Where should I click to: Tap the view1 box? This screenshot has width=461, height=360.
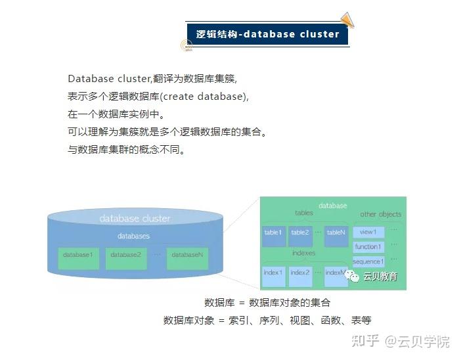[x=368, y=232]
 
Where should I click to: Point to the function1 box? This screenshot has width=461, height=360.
[x=368, y=247]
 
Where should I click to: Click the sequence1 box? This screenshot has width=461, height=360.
[x=368, y=261]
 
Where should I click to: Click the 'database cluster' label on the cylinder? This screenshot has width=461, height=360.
[x=135, y=218]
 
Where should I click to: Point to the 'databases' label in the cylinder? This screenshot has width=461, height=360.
[x=133, y=236]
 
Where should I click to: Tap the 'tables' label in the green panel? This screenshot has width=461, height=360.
[x=304, y=213]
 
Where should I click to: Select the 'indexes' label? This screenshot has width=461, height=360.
[x=303, y=253]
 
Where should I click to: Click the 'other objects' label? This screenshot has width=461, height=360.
[x=380, y=214]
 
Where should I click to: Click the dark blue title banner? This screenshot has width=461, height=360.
[x=267, y=34]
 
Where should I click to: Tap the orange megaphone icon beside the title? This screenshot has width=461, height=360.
[x=347, y=20]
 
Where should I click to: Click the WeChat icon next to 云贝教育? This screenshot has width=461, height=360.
[x=354, y=277]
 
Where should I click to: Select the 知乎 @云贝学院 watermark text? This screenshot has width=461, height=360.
[x=401, y=341]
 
